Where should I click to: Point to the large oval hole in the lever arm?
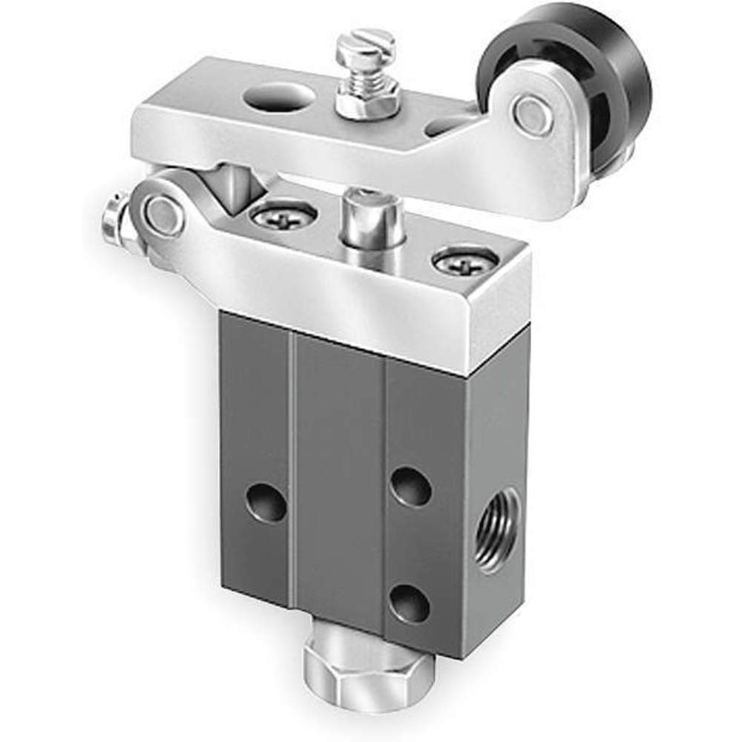pyautogui.click(x=277, y=96)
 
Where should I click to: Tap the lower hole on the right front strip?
pyautogui.click(x=410, y=602)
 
